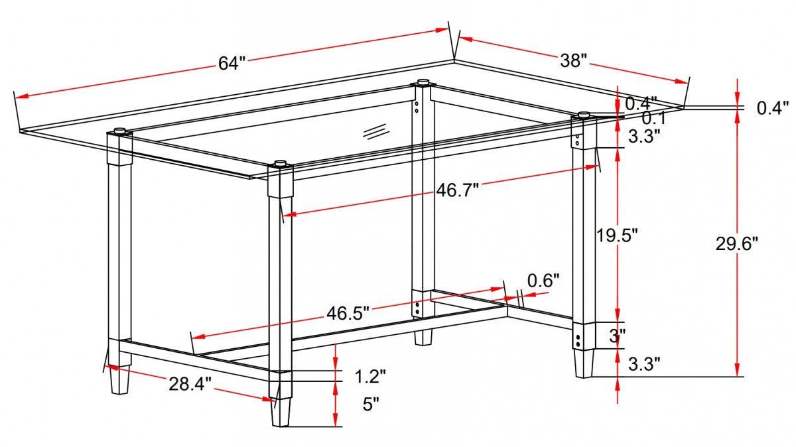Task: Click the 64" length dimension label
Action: (x=232, y=63)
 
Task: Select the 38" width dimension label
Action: (x=573, y=61)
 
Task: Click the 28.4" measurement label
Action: (x=189, y=383)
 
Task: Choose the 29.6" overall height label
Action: (x=736, y=243)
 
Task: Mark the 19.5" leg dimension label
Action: (x=616, y=235)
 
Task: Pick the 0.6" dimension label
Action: (x=543, y=281)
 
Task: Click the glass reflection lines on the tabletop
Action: (x=374, y=130)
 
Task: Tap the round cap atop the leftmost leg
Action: (x=120, y=131)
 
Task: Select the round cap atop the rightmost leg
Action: (x=584, y=115)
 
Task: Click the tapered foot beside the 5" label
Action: (x=281, y=411)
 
